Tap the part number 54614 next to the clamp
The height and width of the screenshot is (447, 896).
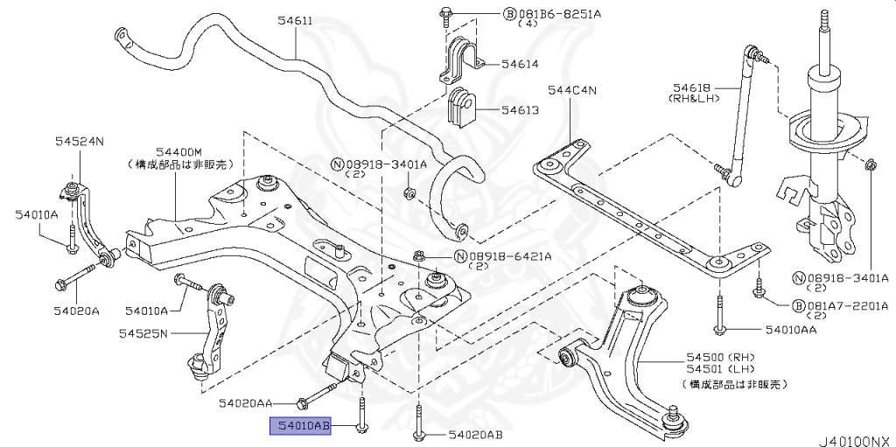[520, 64]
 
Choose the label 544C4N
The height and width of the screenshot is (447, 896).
[571, 89]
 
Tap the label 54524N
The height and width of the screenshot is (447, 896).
[80, 141]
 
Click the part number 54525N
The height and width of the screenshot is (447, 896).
[144, 332]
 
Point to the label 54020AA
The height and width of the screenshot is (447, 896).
[245, 403]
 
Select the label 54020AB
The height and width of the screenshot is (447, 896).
[475, 435]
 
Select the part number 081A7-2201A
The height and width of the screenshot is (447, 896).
[846, 305]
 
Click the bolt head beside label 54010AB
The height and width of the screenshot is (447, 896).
[360, 425]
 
